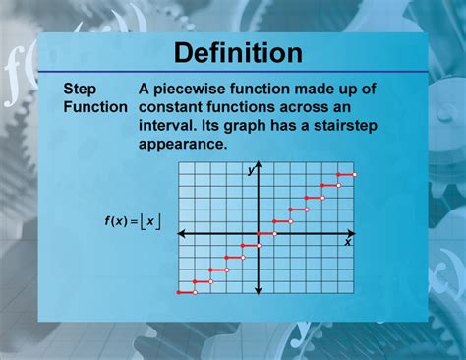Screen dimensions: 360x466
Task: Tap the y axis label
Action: click(251, 172)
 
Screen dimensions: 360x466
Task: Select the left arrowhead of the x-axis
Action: click(181, 234)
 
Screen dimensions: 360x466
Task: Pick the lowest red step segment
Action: click(186, 292)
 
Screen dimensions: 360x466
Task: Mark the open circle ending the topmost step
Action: click(355, 174)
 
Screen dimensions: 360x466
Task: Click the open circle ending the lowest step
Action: click(195, 292)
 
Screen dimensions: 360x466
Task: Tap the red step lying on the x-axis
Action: click(266, 234)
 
